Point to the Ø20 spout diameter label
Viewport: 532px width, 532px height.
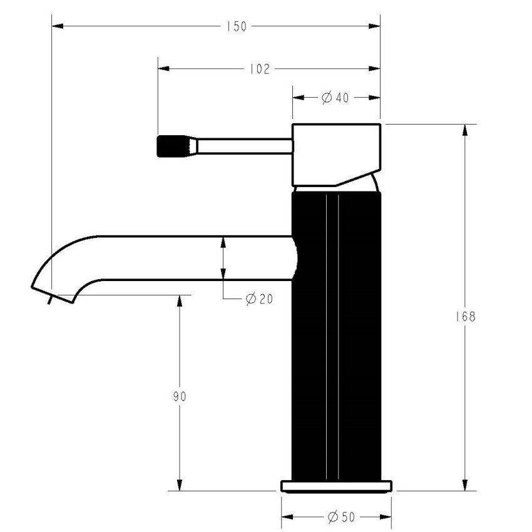point(259,299)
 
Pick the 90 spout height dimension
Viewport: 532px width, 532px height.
point(180,396)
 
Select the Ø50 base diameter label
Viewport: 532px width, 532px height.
point(340,517)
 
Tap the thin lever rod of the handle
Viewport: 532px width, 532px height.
point(244,146)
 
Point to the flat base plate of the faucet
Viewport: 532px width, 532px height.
point(336,486)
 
